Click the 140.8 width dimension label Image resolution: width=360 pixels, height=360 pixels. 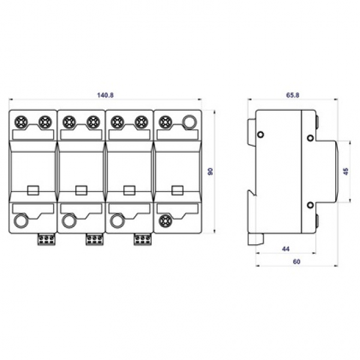[105, 95]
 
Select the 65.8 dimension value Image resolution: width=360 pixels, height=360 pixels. [292, 95]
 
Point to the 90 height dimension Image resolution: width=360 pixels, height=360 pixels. [211, 171]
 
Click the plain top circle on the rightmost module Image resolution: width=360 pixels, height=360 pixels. [189, 121]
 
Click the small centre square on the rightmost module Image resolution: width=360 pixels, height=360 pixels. [176, 190]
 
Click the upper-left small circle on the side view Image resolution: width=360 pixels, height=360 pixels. [261, 135]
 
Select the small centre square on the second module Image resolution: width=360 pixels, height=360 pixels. [81, 190]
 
